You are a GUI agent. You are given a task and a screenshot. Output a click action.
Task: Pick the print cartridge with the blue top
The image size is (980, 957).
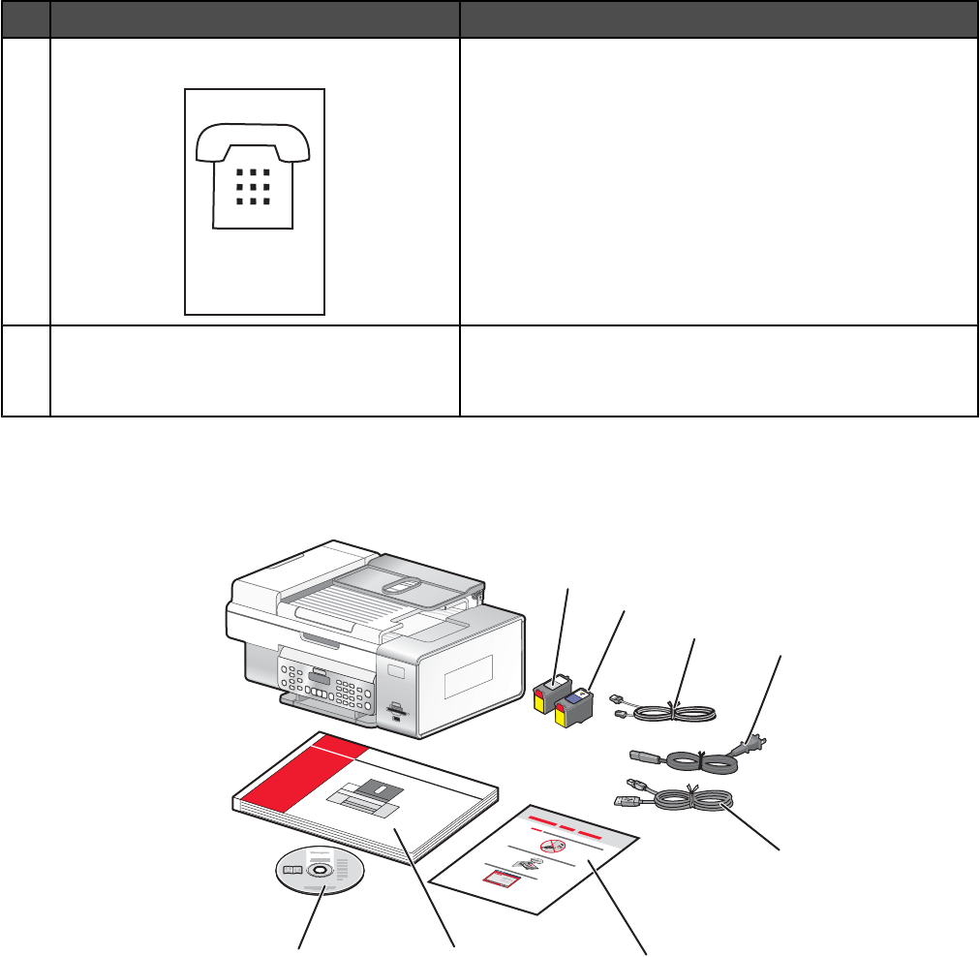[x=575, y=705]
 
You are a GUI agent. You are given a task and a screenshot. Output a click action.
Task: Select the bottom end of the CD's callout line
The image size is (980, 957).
[x=298, y=949]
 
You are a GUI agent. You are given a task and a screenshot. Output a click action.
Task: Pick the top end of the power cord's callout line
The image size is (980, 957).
[x=781, y=657]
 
